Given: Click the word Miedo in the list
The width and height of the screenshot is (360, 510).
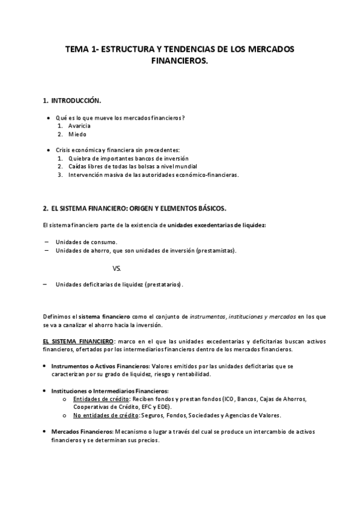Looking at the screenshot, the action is click(78, 134).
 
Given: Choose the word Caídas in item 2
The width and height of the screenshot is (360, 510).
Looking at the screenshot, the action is click(79, 166).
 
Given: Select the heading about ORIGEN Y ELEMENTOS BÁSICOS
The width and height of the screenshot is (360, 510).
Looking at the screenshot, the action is click(135, 208).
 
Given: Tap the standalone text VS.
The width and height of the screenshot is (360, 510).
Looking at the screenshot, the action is click(117, 268).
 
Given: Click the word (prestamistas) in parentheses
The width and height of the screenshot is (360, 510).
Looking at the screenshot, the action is click(216, 250).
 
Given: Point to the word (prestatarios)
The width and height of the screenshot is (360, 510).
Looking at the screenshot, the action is click(163, 284).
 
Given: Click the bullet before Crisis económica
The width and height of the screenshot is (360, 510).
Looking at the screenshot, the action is click(48, 149).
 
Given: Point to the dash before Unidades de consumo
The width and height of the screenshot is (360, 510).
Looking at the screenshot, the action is click(46, 242).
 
